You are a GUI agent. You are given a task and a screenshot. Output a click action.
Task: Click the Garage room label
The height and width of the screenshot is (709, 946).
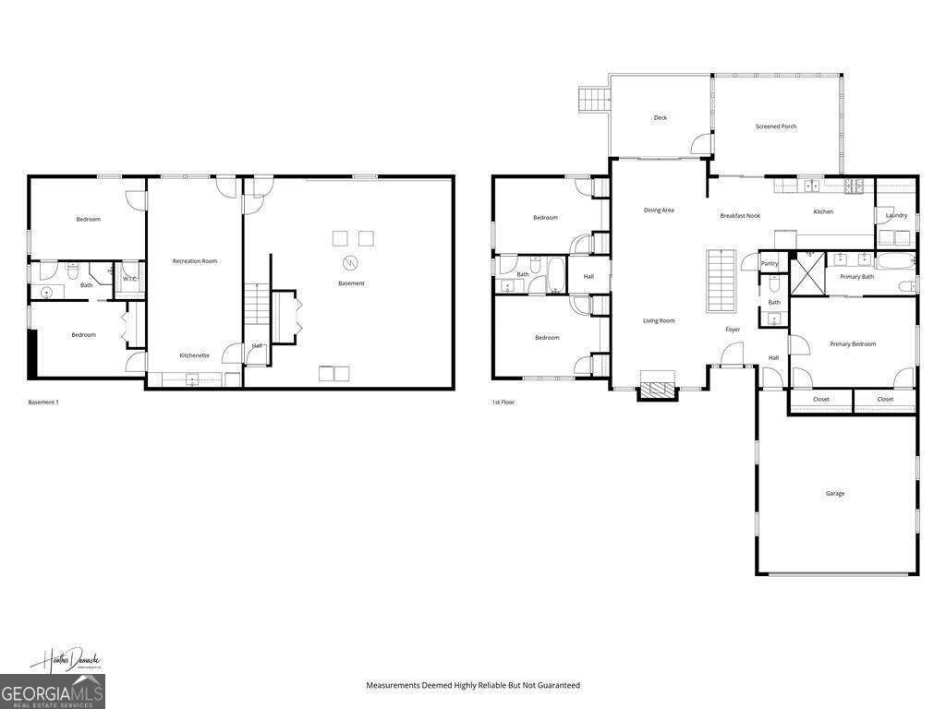pyautogui.click(x=834, y=494)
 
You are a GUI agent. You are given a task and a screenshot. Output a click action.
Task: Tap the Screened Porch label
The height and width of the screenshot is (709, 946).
pyautogui.click(x=775, y=126)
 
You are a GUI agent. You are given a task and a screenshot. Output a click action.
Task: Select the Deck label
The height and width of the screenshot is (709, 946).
pyautogui.click(x=660, y=118)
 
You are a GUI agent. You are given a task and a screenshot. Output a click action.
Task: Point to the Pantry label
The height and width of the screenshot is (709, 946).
pyautogui.click(x=770, y=264)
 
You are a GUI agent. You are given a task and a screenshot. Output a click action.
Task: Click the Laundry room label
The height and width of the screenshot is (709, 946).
pyautogui.click(x=896, y=216)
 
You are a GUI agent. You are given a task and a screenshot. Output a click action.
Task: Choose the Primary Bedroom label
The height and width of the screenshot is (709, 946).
pyautogui.click(x=852, y=344)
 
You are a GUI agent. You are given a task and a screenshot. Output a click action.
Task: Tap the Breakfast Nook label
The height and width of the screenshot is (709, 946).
pyautogui.click(x=739, y=216)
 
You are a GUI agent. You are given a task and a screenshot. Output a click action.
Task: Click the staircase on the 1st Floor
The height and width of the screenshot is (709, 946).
pyautogui.click(x=721, y=281)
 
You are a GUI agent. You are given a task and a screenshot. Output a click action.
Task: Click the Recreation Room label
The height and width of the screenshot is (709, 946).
pyautogui.click(x=194, y=261)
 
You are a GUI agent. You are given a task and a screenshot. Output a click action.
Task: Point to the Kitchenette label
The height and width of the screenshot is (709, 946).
pyautogui.click(x=194, y=355)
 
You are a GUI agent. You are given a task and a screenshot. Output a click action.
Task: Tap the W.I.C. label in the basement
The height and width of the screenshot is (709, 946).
pyautogui.click(x=130, y=279)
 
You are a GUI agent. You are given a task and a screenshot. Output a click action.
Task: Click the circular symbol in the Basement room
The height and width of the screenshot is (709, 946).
pyautogui.click(x=350, y=261)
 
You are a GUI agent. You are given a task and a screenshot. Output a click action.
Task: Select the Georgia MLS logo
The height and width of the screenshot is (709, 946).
pyautogui.click(x=53, y=691)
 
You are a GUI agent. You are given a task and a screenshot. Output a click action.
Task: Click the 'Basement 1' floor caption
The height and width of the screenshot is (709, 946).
pyautogui.click(x=43, y=403)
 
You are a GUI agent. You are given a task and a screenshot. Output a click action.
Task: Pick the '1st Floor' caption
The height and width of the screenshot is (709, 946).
pyautogui.click(x=504, y=403)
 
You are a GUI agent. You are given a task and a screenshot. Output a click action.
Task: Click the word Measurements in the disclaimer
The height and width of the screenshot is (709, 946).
pyautogui.click(x=394, y=686)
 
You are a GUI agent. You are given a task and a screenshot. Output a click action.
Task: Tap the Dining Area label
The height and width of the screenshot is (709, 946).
pyautogui.click(x=659, y=210)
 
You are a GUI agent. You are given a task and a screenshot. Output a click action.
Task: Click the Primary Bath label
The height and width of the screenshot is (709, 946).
pyautogui.click(x=856, y=277)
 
